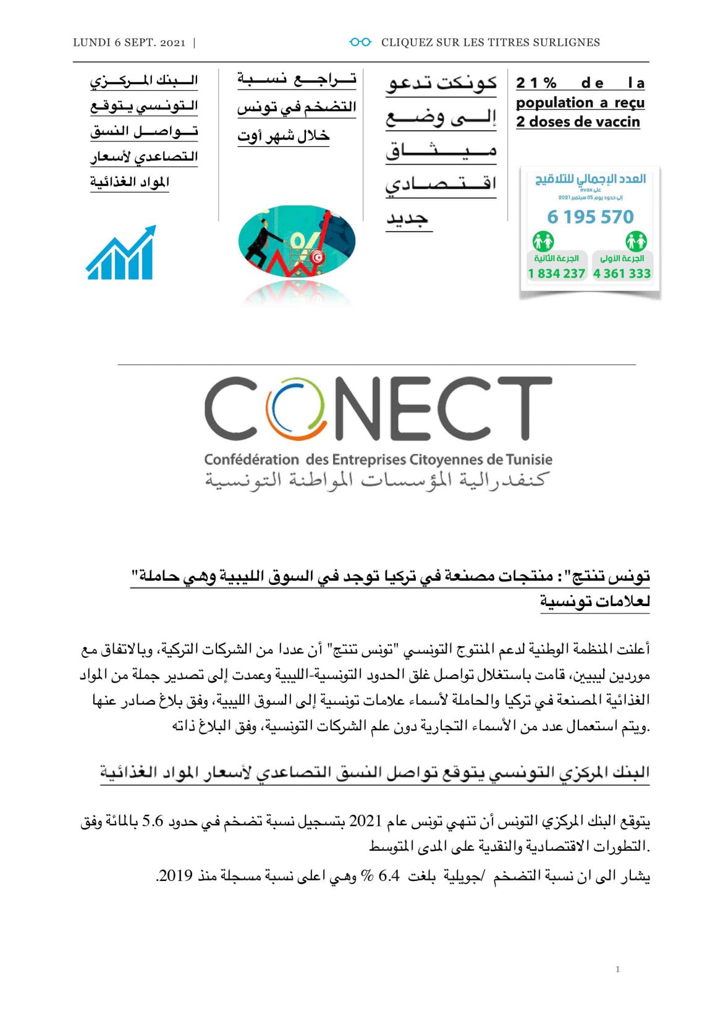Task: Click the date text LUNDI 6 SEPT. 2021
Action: tap(129, 43)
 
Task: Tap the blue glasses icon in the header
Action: tap(360, 42)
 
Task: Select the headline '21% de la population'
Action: tap(580, 83)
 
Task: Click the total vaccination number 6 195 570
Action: tap(590, 217)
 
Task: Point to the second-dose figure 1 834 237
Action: tap(556, 273)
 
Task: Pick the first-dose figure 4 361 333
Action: tap(622, 273)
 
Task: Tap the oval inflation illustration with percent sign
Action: tap(297, 242)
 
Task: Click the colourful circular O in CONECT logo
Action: tap(296, 408)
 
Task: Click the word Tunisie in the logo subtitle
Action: tap(529, 460)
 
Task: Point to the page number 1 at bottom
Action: tap(617, 969)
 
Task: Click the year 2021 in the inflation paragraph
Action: tap(366, 821)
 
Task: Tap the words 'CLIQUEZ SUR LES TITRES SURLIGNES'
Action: tap(490, 43)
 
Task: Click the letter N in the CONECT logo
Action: tap(365, 408)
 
